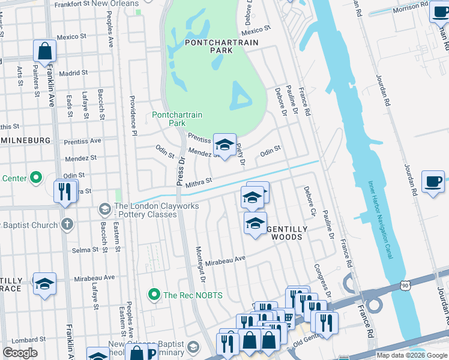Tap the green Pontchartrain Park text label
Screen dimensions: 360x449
[x=177, y=119]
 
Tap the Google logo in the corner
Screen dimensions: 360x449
[x=20, y=353]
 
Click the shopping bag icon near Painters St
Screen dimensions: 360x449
[x=45, y=52]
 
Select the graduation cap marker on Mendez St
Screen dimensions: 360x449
[x=224, y=145]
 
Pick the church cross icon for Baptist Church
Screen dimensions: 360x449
[x=67, y=225]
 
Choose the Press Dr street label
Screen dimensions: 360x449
[x=179, y=174]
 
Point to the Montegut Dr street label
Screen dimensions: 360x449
[x=201, y=264]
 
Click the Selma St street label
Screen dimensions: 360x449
[x=85, y=250]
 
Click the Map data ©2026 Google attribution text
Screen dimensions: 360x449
[x=412, y=355]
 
